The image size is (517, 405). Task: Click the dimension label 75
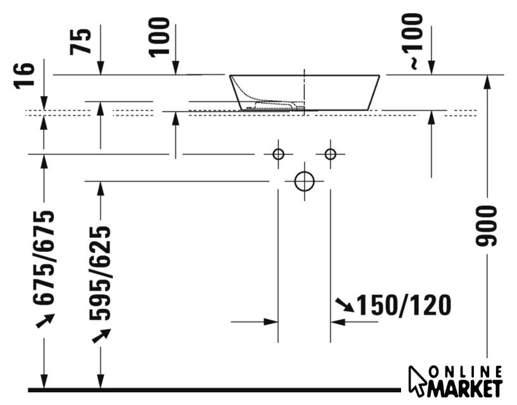[x=80, y=42]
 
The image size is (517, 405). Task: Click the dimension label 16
[x=24, y=75]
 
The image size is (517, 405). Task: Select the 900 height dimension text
[x=486, y=225]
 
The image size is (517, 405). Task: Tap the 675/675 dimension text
[x=44, y=257]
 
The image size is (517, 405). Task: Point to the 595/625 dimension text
[x=100, y=273]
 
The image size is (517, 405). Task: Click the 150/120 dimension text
[x=404, y=305]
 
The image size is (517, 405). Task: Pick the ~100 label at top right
[x=412, y=41]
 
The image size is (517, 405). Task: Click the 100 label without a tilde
[x=159, y=37]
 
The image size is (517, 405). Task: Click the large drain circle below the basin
[x=304, y=181]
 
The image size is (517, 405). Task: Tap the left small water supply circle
[x=279, y=154]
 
